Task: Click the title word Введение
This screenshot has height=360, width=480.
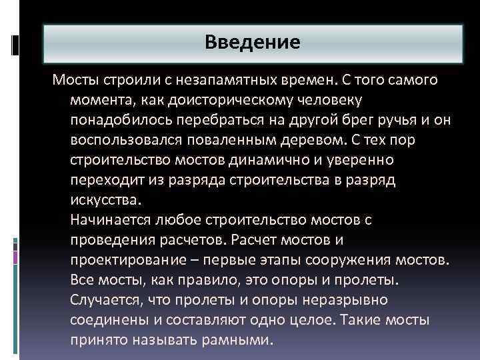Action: click(x=253, y=43)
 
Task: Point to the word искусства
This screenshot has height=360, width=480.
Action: click(x=105, y=201)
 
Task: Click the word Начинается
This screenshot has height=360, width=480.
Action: click(x=111, y=220)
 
